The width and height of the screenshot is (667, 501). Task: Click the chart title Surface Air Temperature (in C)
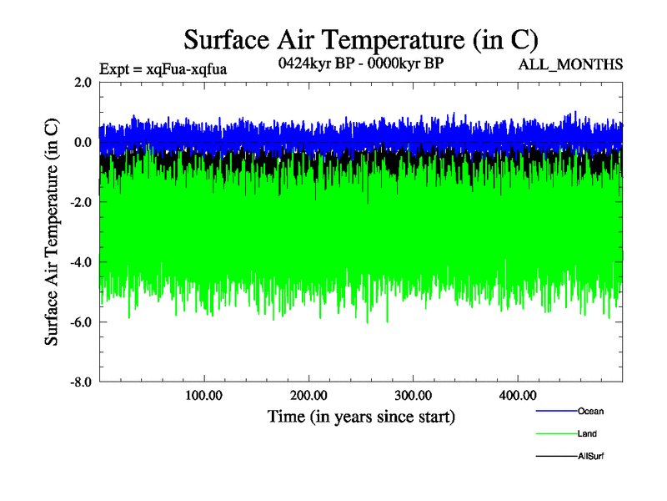361,39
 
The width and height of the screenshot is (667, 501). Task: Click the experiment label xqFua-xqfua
163,68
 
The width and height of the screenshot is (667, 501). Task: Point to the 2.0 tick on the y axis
83,83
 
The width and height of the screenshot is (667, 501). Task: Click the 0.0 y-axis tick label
83,143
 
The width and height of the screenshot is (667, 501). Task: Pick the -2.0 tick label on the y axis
81,203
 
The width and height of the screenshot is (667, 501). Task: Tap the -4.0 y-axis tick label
81,263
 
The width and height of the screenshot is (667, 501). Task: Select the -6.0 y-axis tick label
81,322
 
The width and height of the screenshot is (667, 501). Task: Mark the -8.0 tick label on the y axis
81,382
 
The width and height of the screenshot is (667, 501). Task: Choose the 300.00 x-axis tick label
413,395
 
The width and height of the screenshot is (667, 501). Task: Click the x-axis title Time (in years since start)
361,416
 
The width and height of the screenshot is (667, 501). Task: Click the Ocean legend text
590,411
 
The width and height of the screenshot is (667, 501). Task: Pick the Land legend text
587,434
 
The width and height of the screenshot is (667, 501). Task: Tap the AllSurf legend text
590,457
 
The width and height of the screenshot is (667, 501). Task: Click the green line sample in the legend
555,434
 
